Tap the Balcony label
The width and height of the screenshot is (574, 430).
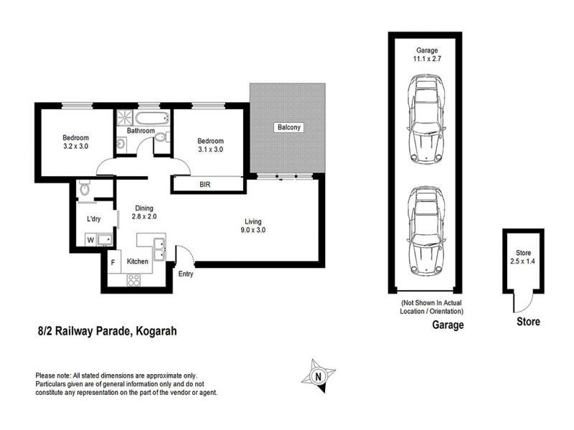[288, 128]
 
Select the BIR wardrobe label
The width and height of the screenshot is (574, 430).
[205, 184]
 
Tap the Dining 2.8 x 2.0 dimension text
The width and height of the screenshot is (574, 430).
[146, 211]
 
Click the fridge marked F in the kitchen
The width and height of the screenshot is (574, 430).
[113, 262]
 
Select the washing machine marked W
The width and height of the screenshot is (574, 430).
[91, 240]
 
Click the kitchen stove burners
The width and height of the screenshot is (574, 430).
[134, 280]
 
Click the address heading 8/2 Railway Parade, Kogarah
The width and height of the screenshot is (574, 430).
[107, 331]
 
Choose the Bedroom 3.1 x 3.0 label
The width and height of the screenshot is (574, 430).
[211, 145]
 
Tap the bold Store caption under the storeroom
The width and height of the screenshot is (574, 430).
[528, 322]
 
